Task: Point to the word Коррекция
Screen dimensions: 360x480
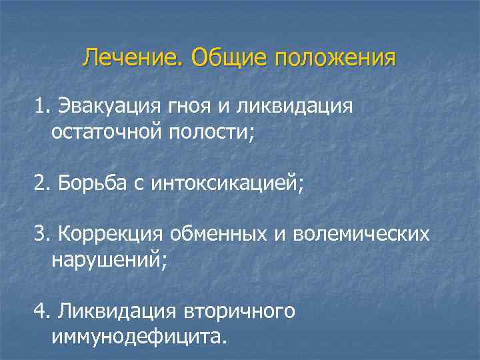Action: (x=112, y=235)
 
